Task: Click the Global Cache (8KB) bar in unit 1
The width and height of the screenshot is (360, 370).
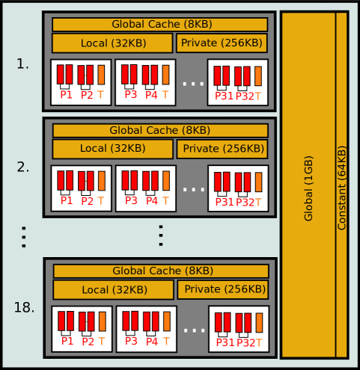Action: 159,25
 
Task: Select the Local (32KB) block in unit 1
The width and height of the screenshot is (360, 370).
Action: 112,43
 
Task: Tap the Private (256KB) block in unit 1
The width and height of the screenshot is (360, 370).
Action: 222,43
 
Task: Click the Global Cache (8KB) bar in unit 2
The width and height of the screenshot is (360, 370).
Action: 159,131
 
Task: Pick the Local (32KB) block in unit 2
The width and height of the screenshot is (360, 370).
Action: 112,149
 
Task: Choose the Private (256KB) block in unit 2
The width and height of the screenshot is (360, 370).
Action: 222,149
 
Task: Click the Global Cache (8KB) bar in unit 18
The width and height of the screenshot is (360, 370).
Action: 160,271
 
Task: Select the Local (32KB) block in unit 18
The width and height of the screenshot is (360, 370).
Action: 113,289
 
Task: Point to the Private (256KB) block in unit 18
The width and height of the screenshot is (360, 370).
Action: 222,289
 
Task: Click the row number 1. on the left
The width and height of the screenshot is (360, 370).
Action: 22,64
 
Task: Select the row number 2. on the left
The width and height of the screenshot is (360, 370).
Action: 22,167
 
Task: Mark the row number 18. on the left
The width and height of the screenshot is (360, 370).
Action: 24,307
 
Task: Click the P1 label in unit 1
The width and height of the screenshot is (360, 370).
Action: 67,95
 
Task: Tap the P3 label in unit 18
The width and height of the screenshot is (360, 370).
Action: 131,342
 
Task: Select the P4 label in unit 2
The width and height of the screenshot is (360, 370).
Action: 152,200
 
